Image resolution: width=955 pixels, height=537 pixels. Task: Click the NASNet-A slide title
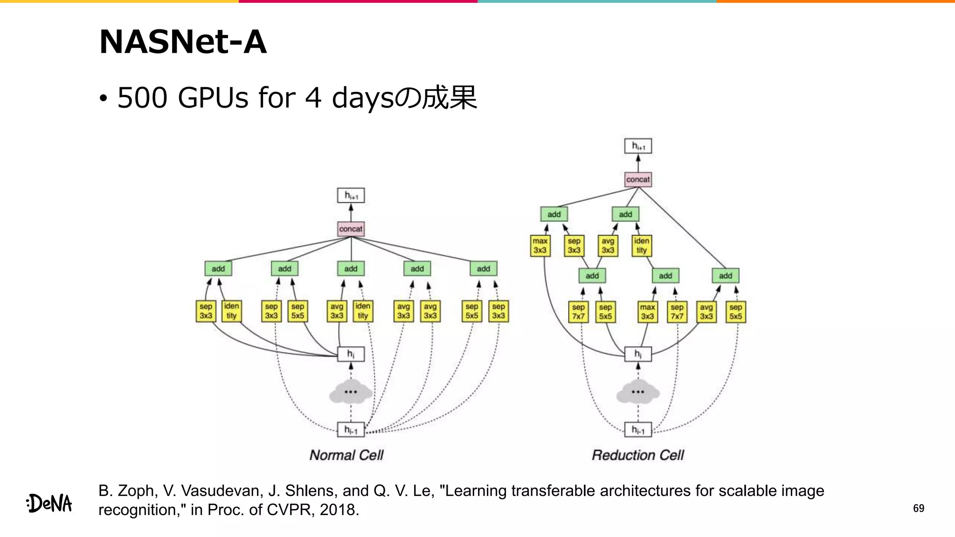coord(183,42)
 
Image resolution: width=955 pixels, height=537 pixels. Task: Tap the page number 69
coord(918,508)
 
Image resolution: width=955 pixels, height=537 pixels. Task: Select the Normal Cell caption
coord(346,455)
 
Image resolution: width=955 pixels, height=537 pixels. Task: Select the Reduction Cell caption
coord(637,455)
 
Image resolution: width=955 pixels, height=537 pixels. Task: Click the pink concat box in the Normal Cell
coord(351,229)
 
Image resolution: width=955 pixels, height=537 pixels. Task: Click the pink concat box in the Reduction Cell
coord(638,179)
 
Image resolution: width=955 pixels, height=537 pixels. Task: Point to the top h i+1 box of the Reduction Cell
coord(638,146)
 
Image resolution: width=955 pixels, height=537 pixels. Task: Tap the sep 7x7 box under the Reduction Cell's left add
coord(578,312)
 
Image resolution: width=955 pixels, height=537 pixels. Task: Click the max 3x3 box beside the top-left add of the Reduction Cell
coord(540,246)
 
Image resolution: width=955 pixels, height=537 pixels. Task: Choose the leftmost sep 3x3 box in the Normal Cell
coord(206,311)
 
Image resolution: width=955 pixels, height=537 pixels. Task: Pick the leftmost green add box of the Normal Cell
coord(218,268)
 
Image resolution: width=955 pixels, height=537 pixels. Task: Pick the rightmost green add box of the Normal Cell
coord(484,268)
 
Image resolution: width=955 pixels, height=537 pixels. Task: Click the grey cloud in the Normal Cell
coord(351,392)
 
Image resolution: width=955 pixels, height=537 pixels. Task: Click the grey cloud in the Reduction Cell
coord(637,392)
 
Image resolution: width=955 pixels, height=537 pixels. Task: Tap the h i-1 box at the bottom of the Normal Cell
coord(351,430)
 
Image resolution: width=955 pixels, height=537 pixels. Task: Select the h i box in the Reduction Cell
coord(638,354)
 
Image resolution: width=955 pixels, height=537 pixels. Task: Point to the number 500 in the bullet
coord(142,98)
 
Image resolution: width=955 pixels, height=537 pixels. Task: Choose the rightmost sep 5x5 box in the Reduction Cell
coord(735,312)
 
